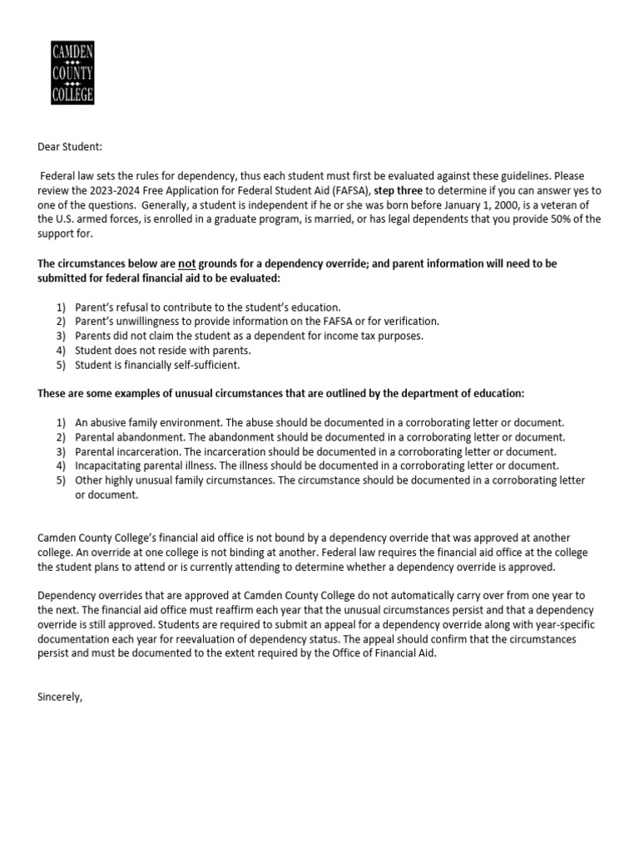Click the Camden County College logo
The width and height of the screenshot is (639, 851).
(72, 72)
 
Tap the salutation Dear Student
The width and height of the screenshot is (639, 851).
(70, 147)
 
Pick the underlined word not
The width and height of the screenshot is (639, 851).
(187, 263)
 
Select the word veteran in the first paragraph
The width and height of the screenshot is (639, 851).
(564, 204)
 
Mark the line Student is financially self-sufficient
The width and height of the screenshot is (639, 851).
(157, 365)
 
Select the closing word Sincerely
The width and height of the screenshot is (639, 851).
(60, 696)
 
